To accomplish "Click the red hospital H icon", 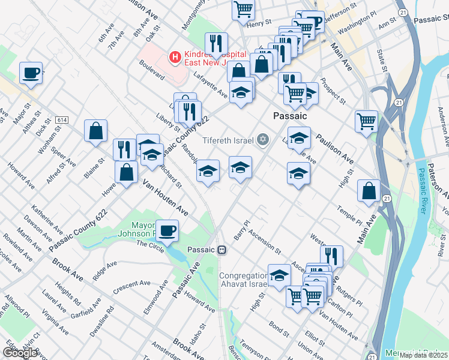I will [175, 58].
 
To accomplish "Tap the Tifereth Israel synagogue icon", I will [262, 140].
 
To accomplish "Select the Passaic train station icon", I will [222, 250].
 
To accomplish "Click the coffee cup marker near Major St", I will [31, 73].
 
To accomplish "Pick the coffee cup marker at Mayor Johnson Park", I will [167, 230].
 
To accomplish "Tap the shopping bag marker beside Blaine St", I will [95, 130].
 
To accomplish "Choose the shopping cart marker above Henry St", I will [244, 8].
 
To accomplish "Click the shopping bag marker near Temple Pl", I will [369, 191].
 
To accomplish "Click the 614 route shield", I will [61, 120].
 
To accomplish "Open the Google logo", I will [20, 353].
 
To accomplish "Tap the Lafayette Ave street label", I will [211, 84].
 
